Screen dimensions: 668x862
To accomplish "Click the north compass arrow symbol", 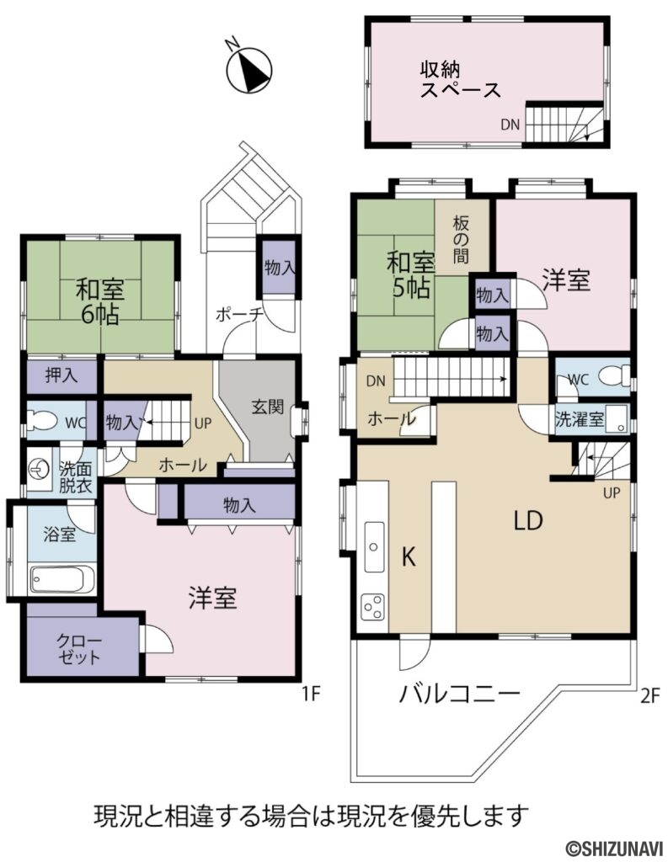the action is [x=250, y=69].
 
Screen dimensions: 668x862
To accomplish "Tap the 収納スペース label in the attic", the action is [x=460, y=79].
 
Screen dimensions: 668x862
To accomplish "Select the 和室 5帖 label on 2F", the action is [x=410, y=274].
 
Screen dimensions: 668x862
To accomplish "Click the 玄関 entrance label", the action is [x=268, y=407].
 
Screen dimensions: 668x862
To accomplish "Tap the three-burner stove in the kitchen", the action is [x=372, y=606].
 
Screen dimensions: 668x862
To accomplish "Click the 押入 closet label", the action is [x=61, y=375].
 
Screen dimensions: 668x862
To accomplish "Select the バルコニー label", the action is [x=459, y=694].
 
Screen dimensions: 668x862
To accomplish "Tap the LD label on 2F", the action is [x=528, y=520].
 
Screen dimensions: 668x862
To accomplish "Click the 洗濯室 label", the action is [x=579, y=419].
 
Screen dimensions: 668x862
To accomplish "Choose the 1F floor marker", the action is [x=311, y=694].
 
